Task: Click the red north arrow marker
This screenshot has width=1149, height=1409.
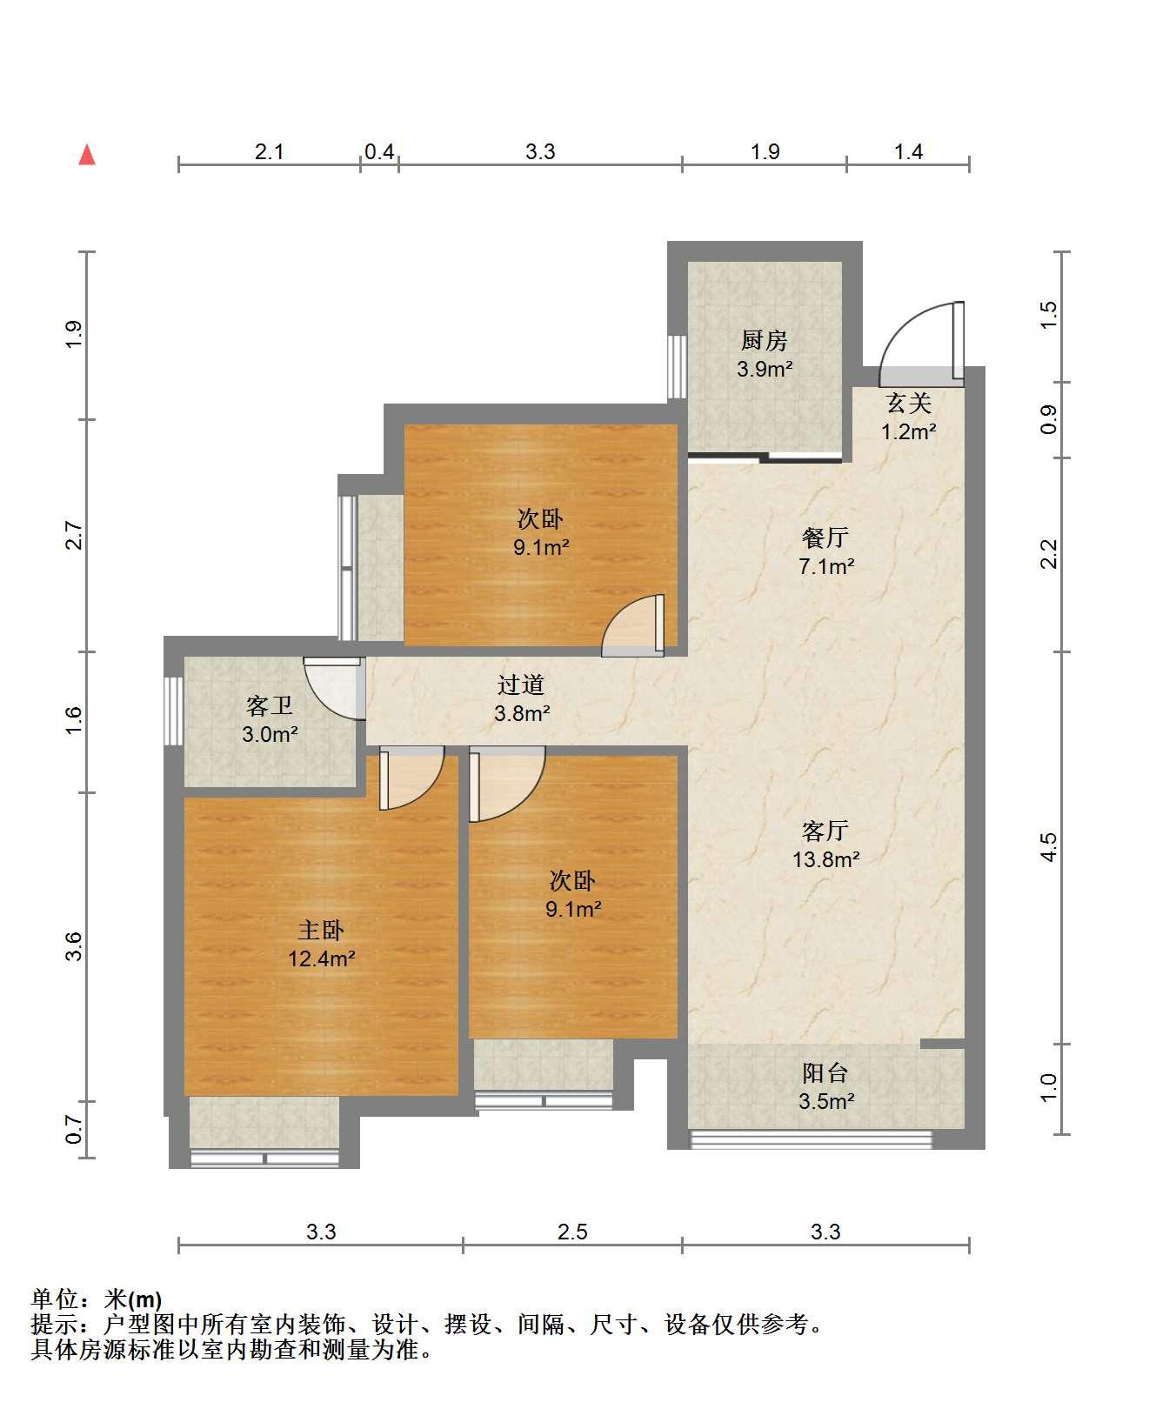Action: [87, 155]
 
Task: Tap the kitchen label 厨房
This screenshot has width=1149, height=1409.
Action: [765, 340]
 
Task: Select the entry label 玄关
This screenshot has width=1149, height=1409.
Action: [909, 403]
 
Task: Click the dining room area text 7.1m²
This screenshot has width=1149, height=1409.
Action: [826, 566]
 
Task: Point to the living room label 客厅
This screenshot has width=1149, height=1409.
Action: [825, 831]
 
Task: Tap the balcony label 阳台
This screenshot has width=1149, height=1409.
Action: [825, 1072]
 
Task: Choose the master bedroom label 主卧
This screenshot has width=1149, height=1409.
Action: [321, 930]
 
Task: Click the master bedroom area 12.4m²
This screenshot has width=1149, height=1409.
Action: [322, 958]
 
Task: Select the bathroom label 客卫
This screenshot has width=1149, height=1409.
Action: [270, 705]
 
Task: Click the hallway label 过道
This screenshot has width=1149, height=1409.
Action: [521, 684]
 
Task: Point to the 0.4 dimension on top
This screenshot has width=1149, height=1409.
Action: [379, 152]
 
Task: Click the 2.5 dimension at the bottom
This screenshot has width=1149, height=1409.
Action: [572, 1232]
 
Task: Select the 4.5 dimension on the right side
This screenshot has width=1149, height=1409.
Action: [1049, 847]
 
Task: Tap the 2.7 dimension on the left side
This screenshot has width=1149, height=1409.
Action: [74, 535]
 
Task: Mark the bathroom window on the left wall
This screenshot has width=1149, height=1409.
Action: [173, 710]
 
